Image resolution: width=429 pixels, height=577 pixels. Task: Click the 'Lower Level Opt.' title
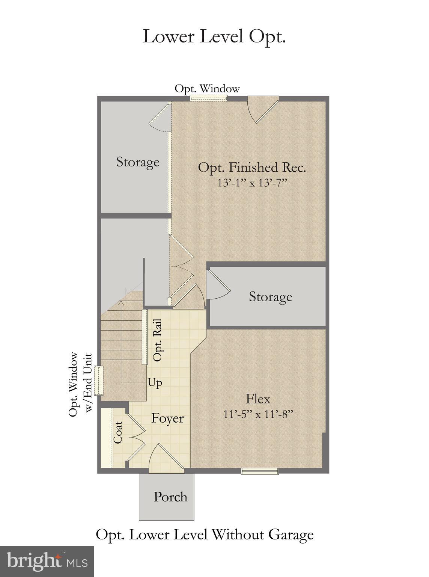[x=214, y=37]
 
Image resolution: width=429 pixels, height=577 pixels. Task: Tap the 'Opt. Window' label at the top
[x=207, y=89]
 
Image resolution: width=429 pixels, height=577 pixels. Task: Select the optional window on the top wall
[x=208, y=98]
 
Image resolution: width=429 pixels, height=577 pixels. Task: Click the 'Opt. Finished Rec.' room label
[x=252, y=167]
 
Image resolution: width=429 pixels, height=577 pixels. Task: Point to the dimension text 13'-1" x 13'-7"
[x=252, y=183]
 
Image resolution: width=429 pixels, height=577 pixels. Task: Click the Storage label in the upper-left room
[x=138, y=162]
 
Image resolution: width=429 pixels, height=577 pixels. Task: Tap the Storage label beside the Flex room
[x=270, y=296]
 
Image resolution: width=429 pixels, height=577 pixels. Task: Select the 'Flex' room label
[x=258, y=399]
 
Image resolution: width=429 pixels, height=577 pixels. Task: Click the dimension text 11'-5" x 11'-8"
[x=258, y=414]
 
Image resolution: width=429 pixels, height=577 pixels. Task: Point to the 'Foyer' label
[x=167, y=418]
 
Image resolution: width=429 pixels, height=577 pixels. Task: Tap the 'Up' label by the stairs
[x=155, y=383]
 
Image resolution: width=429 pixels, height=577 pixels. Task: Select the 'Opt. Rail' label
[x=158, y=340]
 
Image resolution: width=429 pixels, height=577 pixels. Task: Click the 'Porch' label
[x=170, y=497]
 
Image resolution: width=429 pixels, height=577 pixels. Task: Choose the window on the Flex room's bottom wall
[x=260, y=471]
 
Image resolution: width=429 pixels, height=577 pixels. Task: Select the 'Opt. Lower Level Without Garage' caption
[x=205, y=534]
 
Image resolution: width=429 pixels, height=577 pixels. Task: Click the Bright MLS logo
[x=47, y=562]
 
